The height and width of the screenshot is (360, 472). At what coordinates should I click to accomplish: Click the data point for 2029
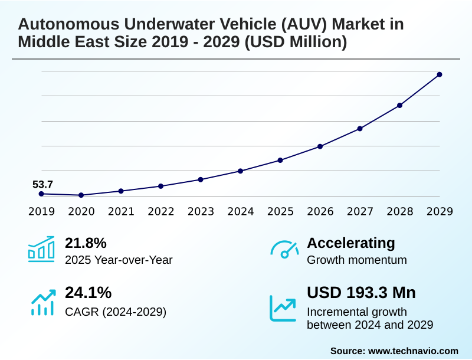tap(440, 74)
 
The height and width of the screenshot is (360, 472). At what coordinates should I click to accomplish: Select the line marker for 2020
tap(81, 195)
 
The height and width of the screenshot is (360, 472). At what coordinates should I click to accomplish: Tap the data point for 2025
tap(280, 160)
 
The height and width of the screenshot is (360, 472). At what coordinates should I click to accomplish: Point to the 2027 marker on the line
tap(360, 128)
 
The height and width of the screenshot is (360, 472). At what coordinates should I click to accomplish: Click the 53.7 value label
tap(42, 185)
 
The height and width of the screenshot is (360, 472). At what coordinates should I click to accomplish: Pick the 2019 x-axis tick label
tap(41, 211)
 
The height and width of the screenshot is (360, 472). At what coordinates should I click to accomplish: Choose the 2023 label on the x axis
tap(201, 211)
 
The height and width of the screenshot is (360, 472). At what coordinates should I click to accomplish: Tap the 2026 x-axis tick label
tap(320, 211)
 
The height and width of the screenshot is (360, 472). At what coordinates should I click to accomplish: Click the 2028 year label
tap(399, 211)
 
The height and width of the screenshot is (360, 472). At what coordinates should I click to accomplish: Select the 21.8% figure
tap(86, 243)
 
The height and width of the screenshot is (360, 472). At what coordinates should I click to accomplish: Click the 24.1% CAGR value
tap(88, 293)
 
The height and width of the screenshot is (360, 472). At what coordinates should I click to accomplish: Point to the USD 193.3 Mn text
tap(361, 293)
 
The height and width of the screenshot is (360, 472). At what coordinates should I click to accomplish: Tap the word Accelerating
tap(351, 243)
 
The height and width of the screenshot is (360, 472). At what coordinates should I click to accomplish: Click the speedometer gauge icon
tap(284, 250)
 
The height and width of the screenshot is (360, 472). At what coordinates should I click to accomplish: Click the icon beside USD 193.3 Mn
tap(283, 307)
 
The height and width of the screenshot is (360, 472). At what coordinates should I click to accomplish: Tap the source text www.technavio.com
tap(413, 351)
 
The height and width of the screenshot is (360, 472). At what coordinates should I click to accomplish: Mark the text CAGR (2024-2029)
tap(116, 312)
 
